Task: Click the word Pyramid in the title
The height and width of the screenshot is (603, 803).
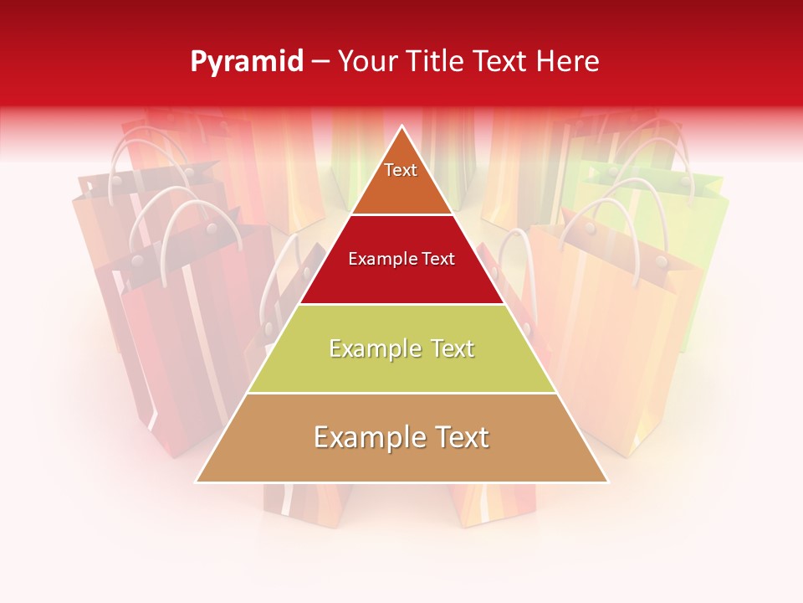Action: pos(246,62)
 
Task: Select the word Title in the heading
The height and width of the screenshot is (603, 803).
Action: pos(439,62)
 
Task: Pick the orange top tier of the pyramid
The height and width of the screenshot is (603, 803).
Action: pos(401,188)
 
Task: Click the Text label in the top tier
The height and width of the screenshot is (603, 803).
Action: pos(401,170)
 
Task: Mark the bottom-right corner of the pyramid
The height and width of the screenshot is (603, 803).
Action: pos(607,482)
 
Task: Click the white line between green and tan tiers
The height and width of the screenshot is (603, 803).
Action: pos(401,393)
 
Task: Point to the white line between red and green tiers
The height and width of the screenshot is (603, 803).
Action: pos(401,304)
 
